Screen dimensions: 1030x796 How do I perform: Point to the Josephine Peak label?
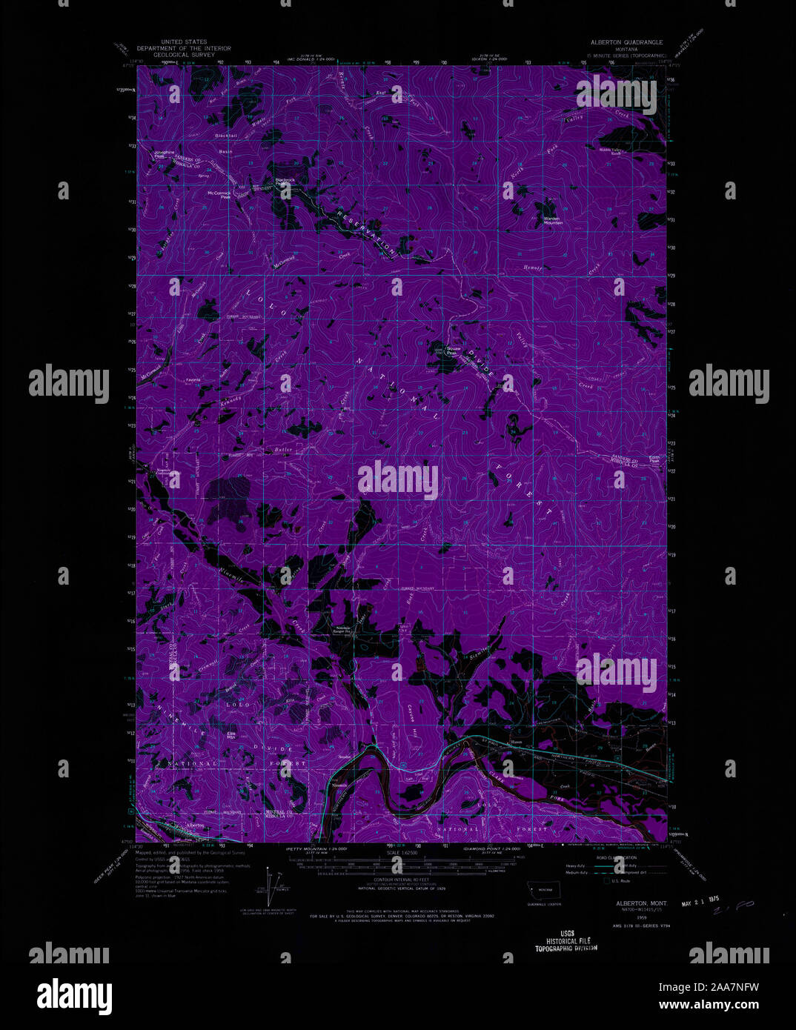coord(165,154)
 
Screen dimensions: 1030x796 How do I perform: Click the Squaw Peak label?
coord(451,352)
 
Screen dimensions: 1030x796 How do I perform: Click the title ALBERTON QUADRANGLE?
coord(626,43)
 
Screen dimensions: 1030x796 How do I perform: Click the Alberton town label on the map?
coord(196,825)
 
